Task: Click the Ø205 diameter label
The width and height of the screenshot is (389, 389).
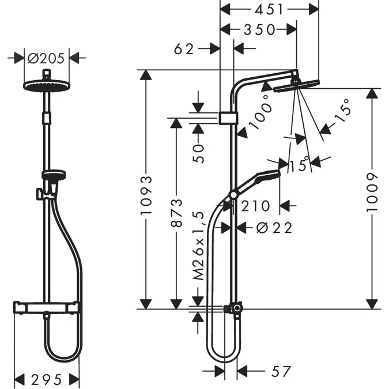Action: [x=48, y=58]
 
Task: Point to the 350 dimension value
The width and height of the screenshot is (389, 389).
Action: [x=258, y=30]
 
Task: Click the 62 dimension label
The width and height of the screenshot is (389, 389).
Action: [x=185, y=50]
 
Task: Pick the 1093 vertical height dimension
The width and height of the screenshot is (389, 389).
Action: [x=148, y=195]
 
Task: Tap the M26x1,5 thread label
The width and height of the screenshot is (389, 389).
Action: [x=199, y=244]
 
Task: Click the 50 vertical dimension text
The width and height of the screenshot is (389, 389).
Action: [x=199, y=153]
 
